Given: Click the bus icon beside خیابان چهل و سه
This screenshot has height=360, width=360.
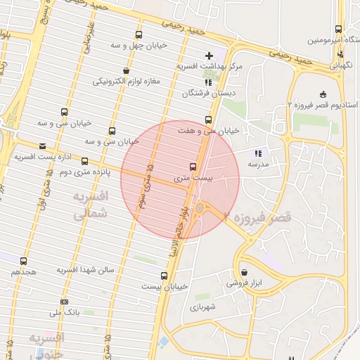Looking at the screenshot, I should click(139, 34).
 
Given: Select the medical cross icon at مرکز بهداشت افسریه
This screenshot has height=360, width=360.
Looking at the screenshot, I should click(208, 55).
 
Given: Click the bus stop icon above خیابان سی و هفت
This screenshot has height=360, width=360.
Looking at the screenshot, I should click(207, 120).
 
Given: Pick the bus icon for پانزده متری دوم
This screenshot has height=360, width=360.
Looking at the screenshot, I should click(85, 161).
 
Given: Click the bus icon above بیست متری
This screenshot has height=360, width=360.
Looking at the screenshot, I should click(193, 167).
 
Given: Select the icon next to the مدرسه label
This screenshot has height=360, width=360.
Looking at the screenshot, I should click(257, 153).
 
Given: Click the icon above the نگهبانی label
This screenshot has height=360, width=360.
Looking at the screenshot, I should click(340, 53).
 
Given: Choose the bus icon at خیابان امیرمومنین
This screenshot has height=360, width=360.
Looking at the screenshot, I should click(338, 29).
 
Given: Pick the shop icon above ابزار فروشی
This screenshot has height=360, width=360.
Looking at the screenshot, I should click(243, 272).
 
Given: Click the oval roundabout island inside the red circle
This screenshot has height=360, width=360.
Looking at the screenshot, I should click(201, 207).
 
